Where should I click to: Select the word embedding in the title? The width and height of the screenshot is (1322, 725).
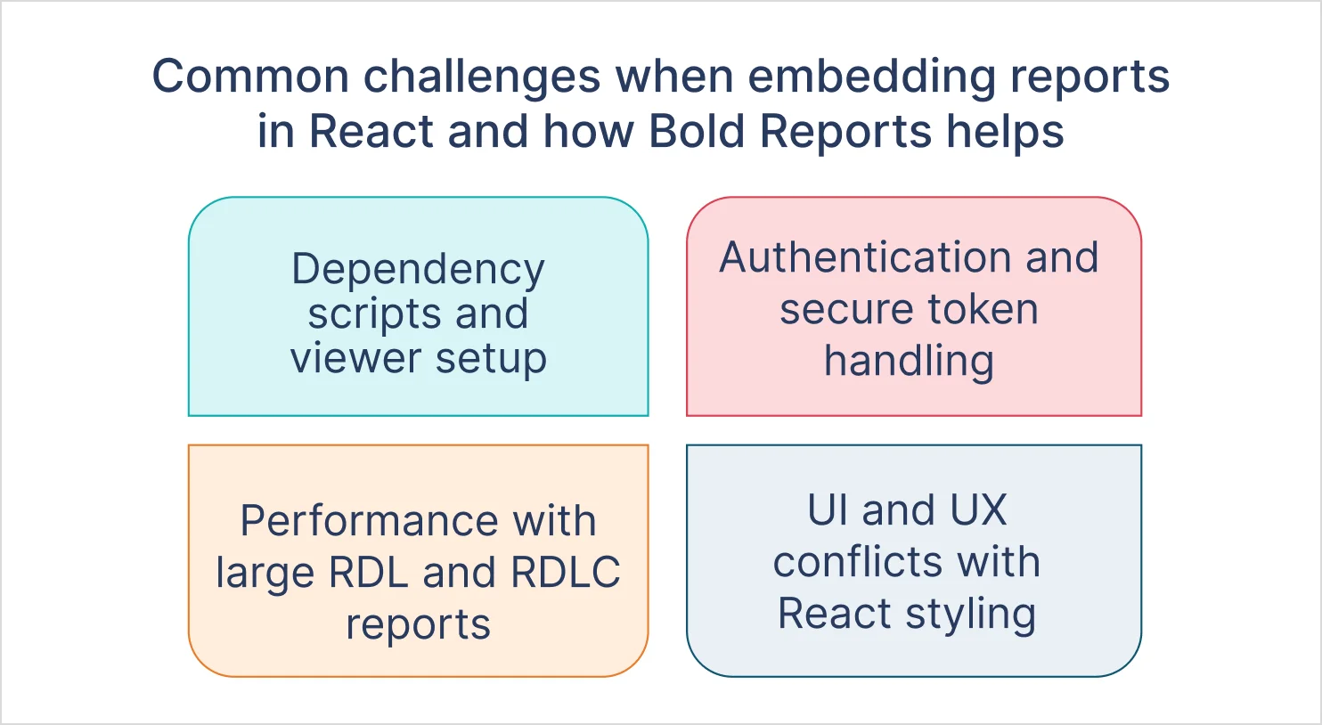pyautogui.click(x=871, y=77)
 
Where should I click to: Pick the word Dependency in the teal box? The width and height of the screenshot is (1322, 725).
pyautogui.click(x=418, y=270)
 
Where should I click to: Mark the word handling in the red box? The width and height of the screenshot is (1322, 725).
pyautogui.click(x=909, y=362)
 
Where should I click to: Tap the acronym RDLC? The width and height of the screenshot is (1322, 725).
pyautogui.click(x=566, y=573)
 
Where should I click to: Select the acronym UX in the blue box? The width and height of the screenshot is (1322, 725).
pyautogui.click(x=978, y=510)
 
